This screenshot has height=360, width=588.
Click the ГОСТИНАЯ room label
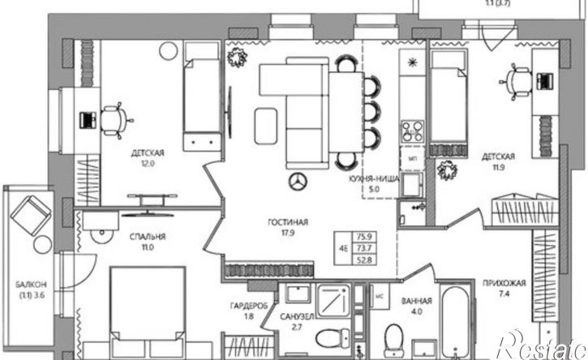288,222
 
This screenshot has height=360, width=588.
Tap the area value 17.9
288,233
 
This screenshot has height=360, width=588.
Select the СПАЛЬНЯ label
148,237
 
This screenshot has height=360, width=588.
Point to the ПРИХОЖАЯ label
504,284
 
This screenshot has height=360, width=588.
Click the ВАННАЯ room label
417,301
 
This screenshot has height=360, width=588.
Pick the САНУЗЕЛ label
297,317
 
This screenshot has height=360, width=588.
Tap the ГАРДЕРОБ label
249,306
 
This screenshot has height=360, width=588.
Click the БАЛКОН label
32,285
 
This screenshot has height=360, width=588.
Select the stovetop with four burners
413,131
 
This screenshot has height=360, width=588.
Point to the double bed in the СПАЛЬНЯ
148,312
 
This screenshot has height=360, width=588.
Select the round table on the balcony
42,245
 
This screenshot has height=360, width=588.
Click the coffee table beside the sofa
266,126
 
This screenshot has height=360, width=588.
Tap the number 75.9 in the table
364,237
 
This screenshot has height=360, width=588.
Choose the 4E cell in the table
344,248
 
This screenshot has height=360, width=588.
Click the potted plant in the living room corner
237,58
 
